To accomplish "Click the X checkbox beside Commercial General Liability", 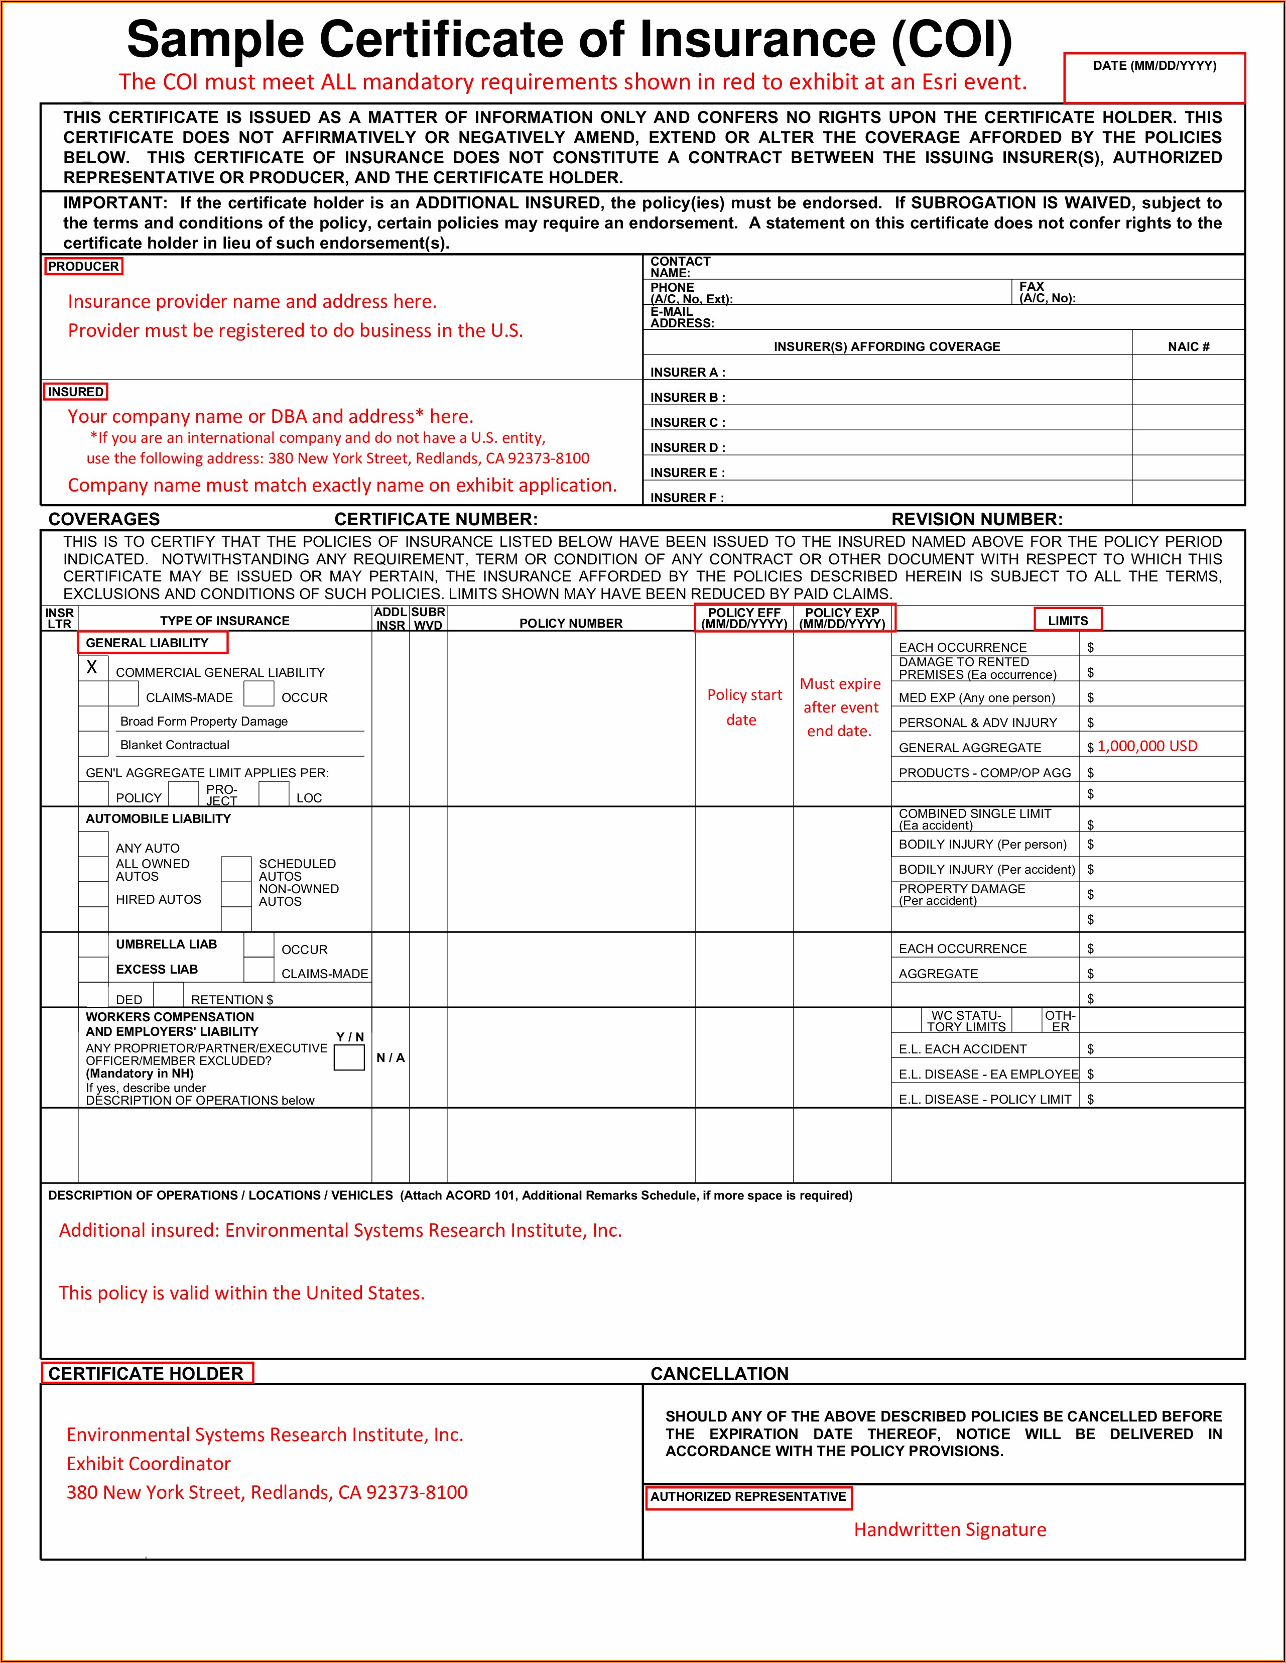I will (93, 668).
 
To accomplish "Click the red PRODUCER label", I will (83, 267).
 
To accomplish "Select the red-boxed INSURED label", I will (75, 392).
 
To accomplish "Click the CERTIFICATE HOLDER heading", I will (146, 1374).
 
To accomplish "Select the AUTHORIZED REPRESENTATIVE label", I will (748, 1497).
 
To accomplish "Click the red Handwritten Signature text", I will (950, 1530).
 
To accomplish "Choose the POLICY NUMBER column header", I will (571, 623).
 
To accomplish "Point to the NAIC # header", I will (1189, 346).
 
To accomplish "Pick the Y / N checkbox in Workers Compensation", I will (349, 1057).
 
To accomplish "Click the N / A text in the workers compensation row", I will (391, 1057).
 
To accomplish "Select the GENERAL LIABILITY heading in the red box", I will (147, 643).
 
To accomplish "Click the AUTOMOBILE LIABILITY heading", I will (159, 818).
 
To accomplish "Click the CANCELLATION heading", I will (719, 1374).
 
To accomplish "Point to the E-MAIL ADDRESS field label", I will (682, 317).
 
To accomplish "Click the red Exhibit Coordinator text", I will (149, 1464).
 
